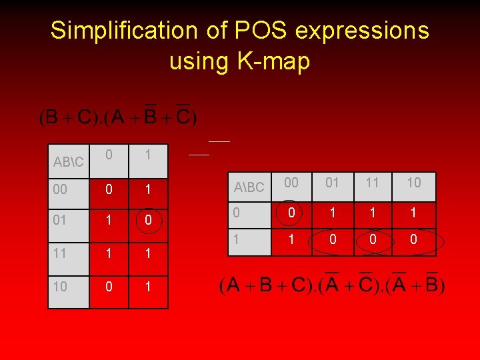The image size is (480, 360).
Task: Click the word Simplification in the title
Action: point(116,30)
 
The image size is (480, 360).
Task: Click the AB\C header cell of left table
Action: point(68,162)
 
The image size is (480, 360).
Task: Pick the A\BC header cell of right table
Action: point(249,188)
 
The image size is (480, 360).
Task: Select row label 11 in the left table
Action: point(59,254)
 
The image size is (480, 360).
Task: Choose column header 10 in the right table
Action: point(414,183)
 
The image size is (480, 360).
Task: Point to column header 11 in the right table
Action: point(373,183)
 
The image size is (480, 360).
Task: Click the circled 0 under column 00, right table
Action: point(290,214)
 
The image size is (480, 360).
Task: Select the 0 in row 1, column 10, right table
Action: point(414,239)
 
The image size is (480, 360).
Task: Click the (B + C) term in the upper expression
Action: point(66,118)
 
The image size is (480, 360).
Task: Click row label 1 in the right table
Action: point(235,237)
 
